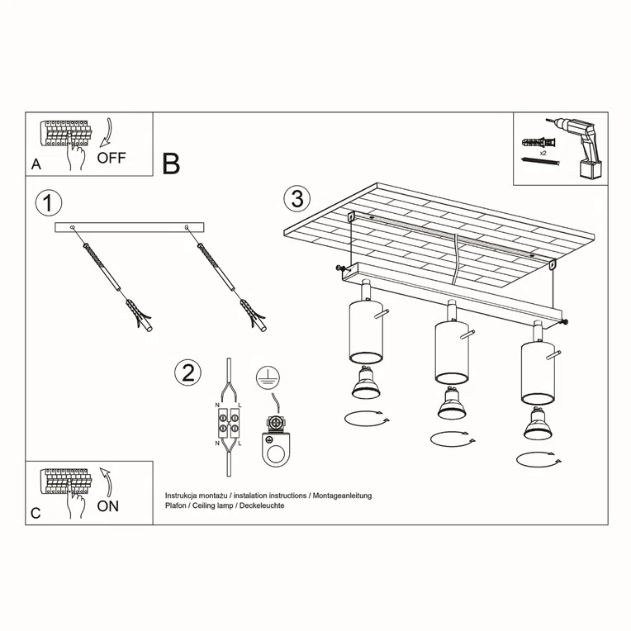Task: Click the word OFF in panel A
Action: [111, 158]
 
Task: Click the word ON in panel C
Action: [107, 506]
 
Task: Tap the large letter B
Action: [171, 164]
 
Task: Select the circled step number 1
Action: [50, 203]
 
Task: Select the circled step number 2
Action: [187, 372]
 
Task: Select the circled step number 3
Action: [297, 199]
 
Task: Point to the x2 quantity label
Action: [543, 154]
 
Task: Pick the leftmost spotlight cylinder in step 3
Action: [364, 332]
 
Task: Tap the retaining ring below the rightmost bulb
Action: [536, 458]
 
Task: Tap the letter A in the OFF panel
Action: [36, 164]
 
